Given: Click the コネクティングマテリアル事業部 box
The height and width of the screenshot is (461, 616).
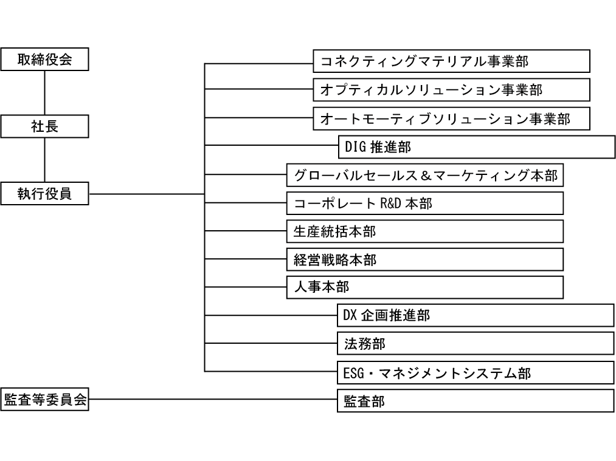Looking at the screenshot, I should pyautogui.click(x=452, y=61).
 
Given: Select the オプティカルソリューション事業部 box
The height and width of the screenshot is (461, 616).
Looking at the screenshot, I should pyautogui.click(x=452, y=90).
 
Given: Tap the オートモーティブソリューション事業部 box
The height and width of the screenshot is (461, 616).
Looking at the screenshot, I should pyautogui.click(x=452, y=118).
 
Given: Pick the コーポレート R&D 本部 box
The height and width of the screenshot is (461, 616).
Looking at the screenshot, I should pyautogui.click(x=424, y=203).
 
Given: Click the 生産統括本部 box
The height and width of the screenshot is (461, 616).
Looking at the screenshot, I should pyautogui.click(x=424, y=231).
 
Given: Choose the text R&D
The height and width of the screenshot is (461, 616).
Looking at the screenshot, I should pyautogui.click(x=390, y=203).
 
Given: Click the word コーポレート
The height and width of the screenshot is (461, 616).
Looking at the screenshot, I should pyautogui.click(x=334, y=203).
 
